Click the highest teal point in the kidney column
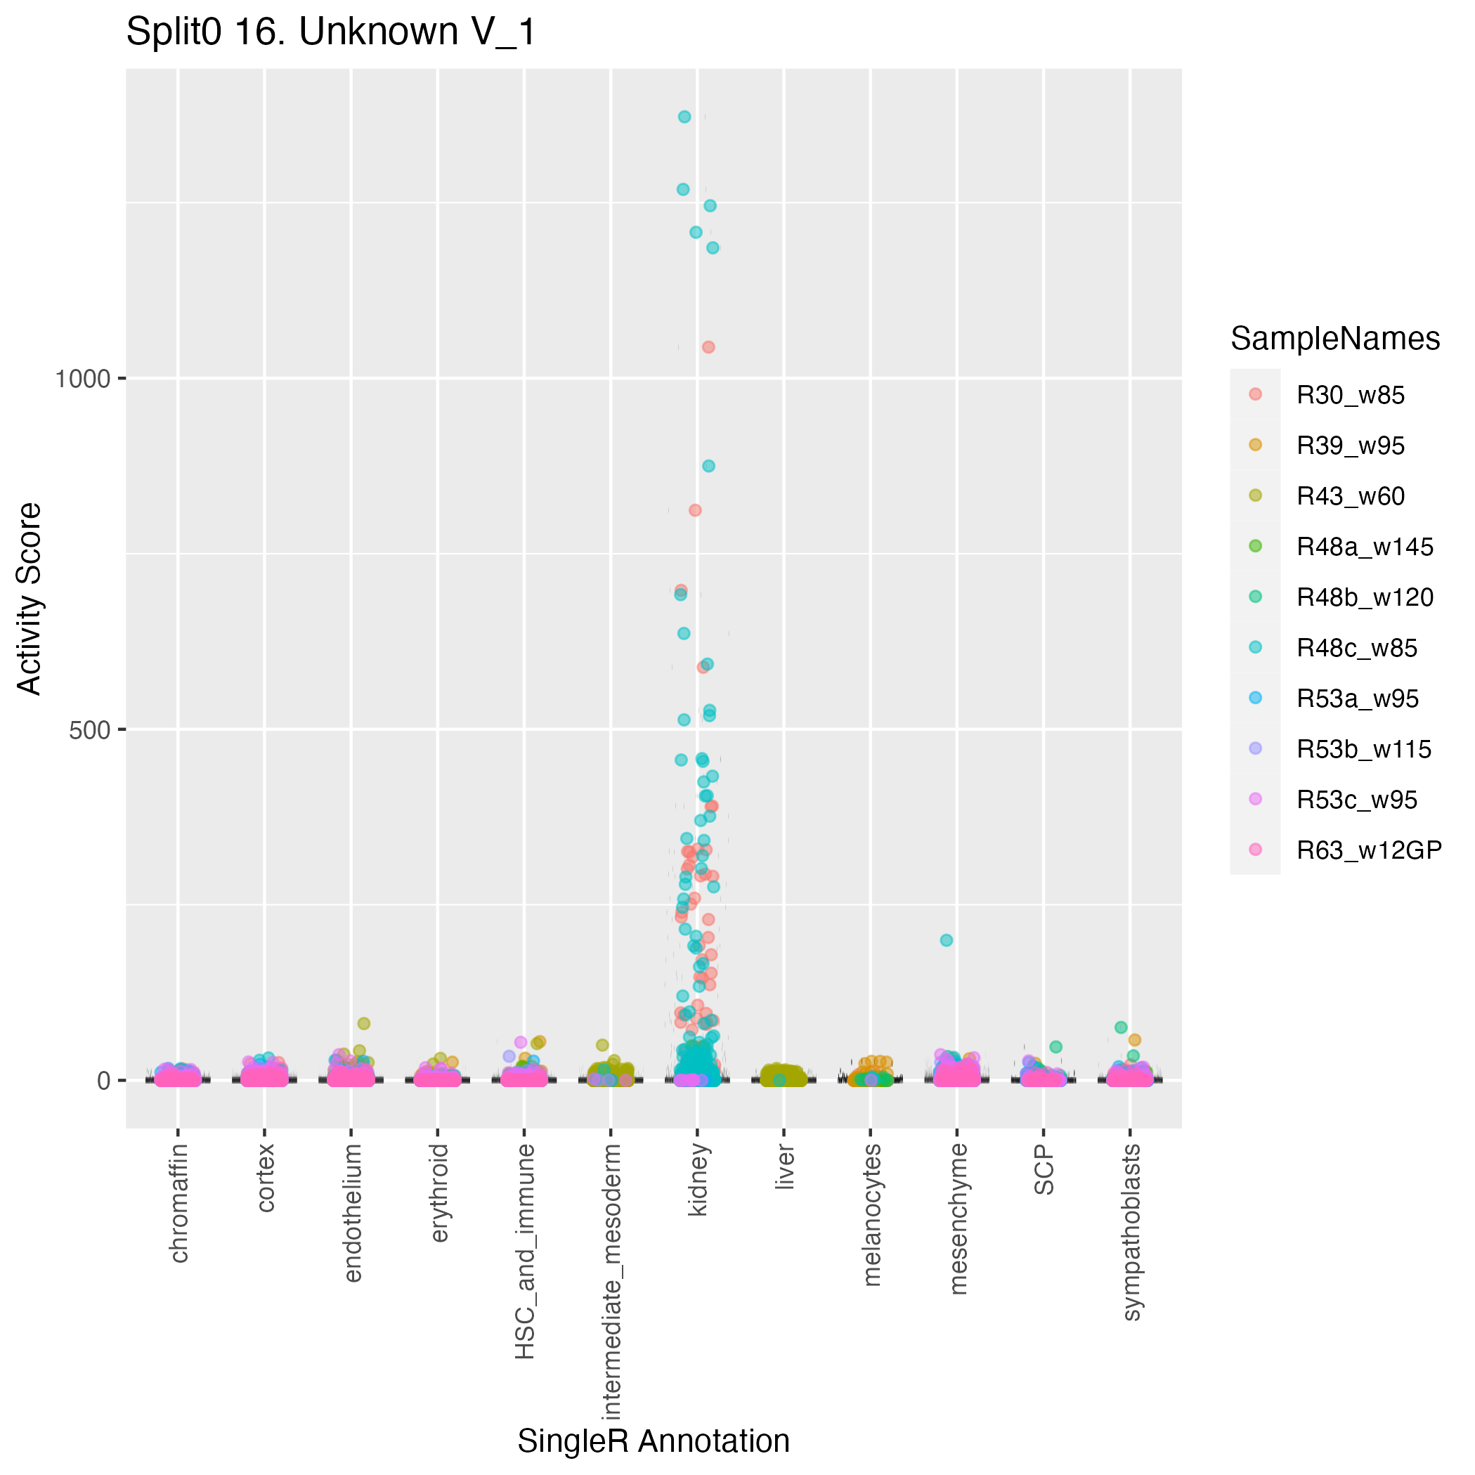pyautogui.click(x=685, y=117)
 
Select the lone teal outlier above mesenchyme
pyautogui.click(x=946, y=940)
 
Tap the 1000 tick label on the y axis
pyautogui.click(x=82, y=379)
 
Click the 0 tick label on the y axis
pyautogui.click(x=105, y=1081)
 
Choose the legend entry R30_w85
pyautogui.click(x=1350, y=396)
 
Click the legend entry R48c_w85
pyautogui.click(x=1356, y=649)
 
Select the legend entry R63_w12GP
pyautogui.click(x=1368, y=850)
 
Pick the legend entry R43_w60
pyautogui.click(x=1350, y=497)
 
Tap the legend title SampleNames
pyautogui.click(x=1335, y=339)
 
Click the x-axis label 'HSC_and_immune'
pyautogui.click(x=524, y=1252)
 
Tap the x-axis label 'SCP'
pyautogui.click(x=1044, y=1169)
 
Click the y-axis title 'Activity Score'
pyautogui.click(x=29, y=599)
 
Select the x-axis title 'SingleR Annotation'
pyautogui.click(x=654, y=1441)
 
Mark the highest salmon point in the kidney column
pyautogui.click(x=708, y=347)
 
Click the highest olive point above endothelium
pyautogui.click(x=364, y=1024)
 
